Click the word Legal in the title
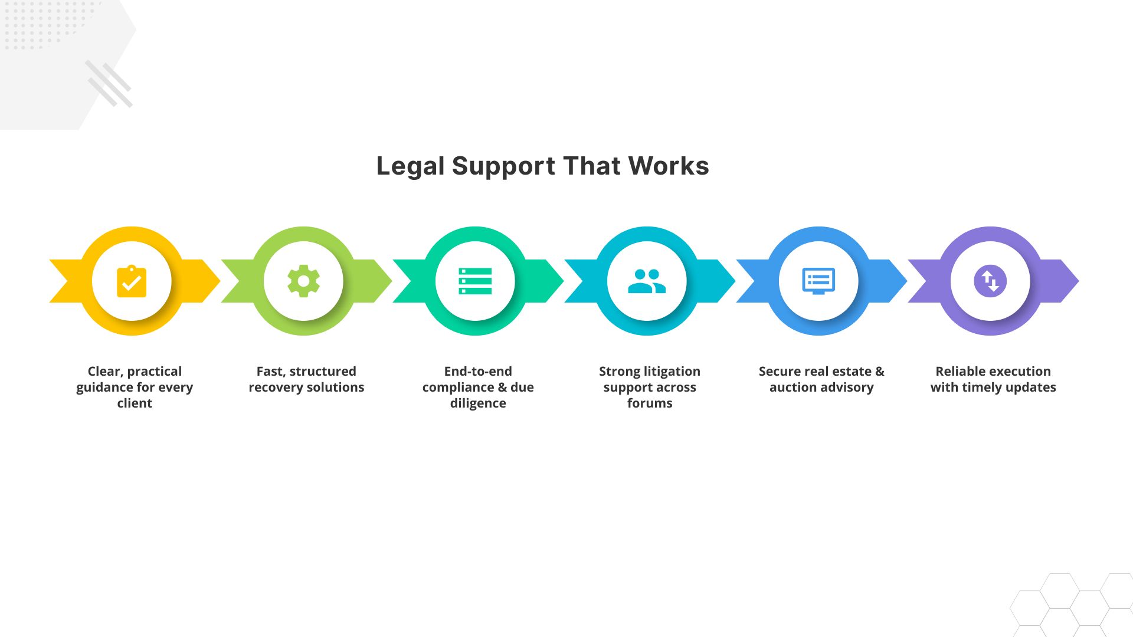point(410,166)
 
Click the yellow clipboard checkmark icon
point(132,281)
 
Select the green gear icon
point(303,281)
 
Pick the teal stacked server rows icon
point(475,281)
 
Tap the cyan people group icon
point(647,281)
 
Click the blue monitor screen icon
point(818,281)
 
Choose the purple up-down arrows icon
point(990,281)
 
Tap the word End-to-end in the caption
point(478,372)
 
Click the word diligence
point(478,403)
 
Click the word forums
point(650,403)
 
